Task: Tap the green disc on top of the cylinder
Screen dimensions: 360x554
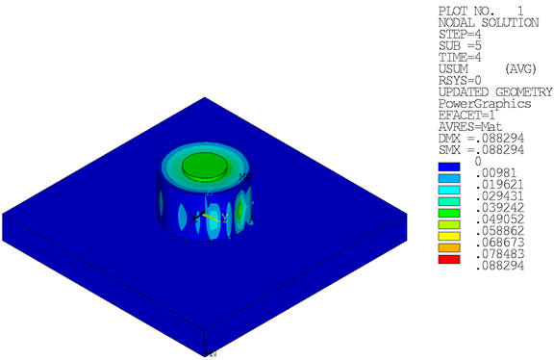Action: pos(206,166)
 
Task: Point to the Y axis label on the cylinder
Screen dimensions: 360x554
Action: pos(224,217)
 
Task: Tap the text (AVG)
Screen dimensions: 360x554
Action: pos(522,70)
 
